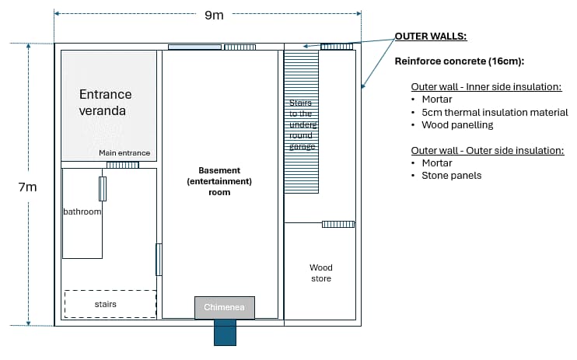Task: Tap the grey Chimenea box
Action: tap(225, 308)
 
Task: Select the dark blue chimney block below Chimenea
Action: tap(225, 333)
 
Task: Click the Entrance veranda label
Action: tap(105, 103)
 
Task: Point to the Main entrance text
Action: tap(124, 153)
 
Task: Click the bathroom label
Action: tap(82, 211)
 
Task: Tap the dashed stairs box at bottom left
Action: tap(110, 303)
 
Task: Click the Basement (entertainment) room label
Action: tap(219, 180)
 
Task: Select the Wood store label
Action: tap(320, 273)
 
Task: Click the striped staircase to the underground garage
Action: tap(302, 121)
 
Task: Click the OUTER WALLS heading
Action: tap(431, 37)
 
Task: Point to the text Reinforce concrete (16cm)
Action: tap(460, 61)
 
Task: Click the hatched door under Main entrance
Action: tap(122, 165)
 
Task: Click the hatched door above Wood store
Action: tap(338, 224)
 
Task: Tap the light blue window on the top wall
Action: tap(194, 47)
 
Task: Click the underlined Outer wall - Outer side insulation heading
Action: tap(487, 151)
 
